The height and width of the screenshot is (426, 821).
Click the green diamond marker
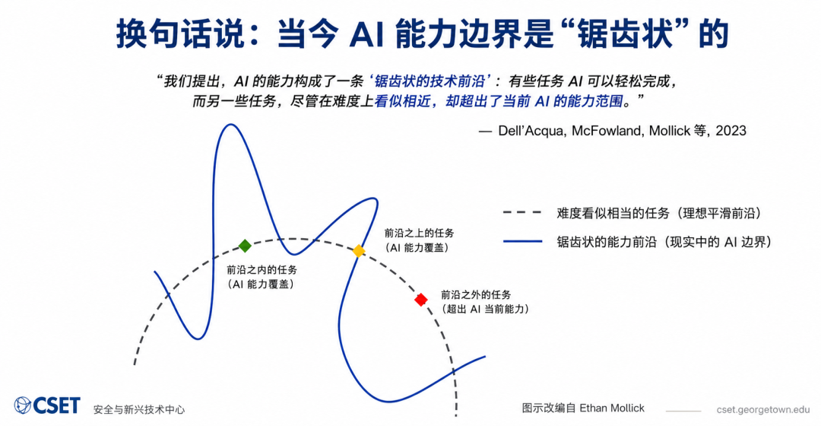pyautogui.click(x=245, y=246)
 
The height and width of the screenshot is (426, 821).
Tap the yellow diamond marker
pyautogui.click(x=359, y=251)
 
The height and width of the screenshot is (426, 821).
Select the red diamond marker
pyautogui.click(x=421, y=300)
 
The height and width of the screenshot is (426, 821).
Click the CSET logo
pyautogui.click(x=47, y=405)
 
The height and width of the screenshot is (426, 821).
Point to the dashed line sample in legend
pyautogui.click(x=522, y=213)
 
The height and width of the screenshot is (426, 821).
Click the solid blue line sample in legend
pyautogui.click(x=522, y=242)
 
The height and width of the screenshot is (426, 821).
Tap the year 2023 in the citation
pyautogui.click(x=731, y=131)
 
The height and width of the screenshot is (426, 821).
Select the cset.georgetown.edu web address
pyautogui.click(x=763, y=410)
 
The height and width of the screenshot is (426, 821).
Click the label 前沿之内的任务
pyautogui.click(x=262, y=270)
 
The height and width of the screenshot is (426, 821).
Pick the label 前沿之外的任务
pyautogui.click(x=476, y=295)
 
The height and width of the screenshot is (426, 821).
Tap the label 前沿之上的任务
pyautogui.click(x=420, y=234)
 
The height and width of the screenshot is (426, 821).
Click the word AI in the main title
pyautogui.click(x=366, y=34)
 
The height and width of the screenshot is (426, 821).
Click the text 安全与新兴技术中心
pyautogui.click(x=139, y=410)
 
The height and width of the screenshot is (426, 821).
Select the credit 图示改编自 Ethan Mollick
pyautogui.click(x=583, y=409)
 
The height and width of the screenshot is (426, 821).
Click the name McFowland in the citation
pyautogui.click(x=607, y=131)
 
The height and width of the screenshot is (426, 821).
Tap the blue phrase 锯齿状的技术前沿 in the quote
pyautogui.click(x=430, y=81)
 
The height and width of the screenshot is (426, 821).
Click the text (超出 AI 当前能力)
pyautogui.click(x=485, y=309)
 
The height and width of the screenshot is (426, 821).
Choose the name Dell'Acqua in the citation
pyautogui.click(x=531, y=131)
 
